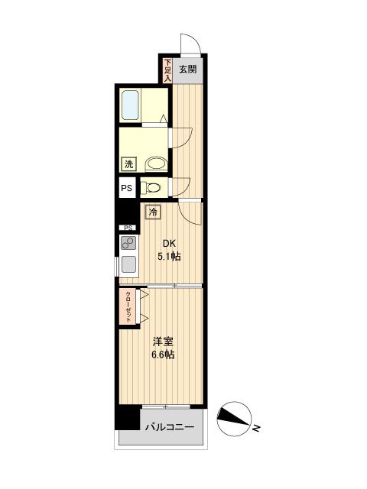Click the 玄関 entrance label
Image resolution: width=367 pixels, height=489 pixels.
point(188,70)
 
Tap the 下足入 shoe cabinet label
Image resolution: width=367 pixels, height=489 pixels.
point(167,70)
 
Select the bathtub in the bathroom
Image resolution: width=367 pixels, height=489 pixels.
point(130,105)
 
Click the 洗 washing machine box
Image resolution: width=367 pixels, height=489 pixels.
point(128,164)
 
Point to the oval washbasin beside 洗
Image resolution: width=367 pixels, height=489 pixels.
point(155,163)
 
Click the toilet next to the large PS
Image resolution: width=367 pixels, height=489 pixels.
point(153,187)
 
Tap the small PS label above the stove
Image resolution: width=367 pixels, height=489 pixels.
point(128,228)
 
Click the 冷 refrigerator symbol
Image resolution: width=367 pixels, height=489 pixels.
point(153,213)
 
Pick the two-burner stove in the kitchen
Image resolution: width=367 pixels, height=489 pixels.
point(128,244)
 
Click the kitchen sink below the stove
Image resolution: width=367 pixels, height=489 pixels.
point(128,265)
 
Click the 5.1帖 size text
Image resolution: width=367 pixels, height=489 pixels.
point(169,257)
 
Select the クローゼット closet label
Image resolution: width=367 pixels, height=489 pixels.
point(128,306)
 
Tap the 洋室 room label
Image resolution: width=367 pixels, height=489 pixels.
point(163,342)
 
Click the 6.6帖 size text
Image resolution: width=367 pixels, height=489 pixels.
point(163,355)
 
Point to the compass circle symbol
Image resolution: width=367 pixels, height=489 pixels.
point(233,416)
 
